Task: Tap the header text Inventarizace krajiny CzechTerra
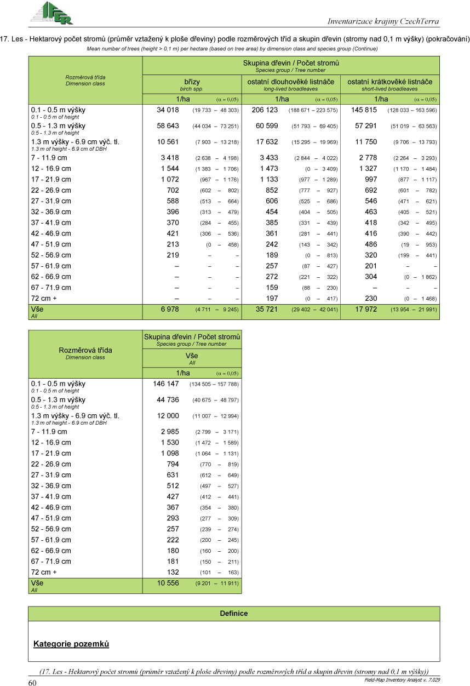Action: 383,21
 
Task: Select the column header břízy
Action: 191,82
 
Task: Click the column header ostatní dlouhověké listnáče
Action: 291,82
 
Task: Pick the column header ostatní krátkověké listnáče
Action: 390,82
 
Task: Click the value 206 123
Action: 265,110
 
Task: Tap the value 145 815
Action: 364,110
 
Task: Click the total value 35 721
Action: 267,310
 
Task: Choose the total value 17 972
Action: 366,310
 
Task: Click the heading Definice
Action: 234,613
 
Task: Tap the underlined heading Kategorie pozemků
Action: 71,643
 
